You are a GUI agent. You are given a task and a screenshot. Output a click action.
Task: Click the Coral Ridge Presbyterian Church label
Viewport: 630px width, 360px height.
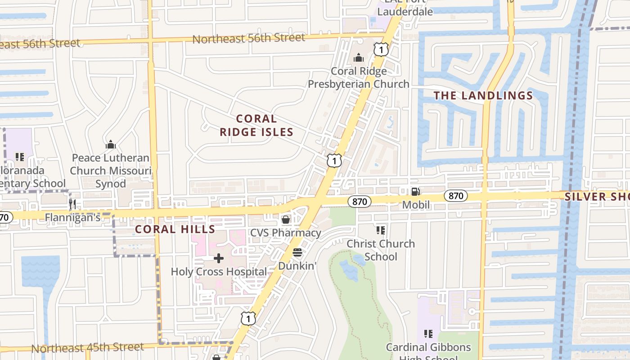(x=359, y=77)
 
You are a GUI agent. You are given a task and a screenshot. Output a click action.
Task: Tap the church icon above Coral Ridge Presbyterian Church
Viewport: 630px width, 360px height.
(x=359, y=58)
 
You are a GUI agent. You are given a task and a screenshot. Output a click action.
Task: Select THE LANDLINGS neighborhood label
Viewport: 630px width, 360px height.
(x=483, y=95)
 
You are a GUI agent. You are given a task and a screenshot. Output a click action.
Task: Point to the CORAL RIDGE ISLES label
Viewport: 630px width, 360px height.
(x=256, y=125)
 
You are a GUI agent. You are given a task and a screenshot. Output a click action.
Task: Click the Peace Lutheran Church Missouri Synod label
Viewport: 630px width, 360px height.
(x=111, y=171)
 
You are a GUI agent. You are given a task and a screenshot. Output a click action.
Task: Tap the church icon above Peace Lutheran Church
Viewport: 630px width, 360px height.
(x=110, y=144)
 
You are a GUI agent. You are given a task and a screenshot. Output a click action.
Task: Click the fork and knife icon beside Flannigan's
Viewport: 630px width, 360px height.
(x=72, y=204)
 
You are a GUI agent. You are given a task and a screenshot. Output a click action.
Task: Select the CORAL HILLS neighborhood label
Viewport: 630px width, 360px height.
(x=175, y=229)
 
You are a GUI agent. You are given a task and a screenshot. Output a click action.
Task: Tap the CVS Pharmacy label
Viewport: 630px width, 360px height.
(x=286, y=233)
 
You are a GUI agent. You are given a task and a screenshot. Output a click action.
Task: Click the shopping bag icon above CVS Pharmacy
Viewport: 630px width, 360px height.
(x=285, y=220)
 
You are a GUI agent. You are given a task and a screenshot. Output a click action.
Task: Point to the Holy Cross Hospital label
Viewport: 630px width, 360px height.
(x=219, y=271)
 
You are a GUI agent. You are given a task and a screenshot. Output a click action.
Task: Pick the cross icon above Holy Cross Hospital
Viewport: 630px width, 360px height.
(x=219, y=258)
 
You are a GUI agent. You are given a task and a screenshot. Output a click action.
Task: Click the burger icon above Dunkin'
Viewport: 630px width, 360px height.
(x=297, y=252)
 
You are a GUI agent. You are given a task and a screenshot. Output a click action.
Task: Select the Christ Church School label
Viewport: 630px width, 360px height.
(x=381, y=250)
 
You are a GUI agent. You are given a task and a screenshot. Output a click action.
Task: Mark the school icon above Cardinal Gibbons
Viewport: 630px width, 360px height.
(x=428, y=334)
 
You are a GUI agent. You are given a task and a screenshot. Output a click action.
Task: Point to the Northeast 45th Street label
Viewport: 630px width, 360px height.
(x=88, y=348)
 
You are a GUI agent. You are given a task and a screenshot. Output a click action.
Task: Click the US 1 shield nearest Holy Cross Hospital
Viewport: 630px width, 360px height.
(x=248, y=319)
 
